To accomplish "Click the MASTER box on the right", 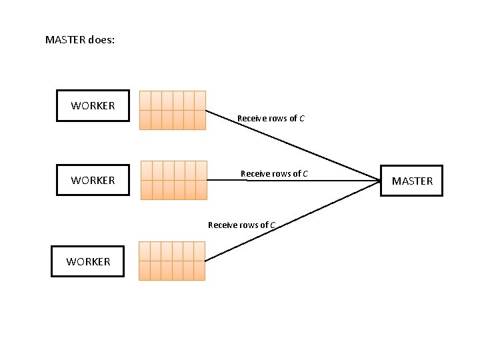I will coord(412,181).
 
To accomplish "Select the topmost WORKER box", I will coord(93,105).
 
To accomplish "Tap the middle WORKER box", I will coord(93,180).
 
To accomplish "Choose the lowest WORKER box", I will coord(88,261).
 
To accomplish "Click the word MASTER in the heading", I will coord(65,40).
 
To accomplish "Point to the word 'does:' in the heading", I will coord(101,40).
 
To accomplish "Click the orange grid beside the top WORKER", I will coord(172,110).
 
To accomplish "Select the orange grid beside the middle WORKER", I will coord(174,180).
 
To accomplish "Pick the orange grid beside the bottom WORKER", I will coord(172,261).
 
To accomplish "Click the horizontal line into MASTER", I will coord(293,180).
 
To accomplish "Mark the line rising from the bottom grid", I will coord(293,220).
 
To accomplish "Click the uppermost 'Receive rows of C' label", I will coord(271,119).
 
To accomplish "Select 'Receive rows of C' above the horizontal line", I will coord(274,174).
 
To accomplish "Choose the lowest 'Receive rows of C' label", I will coord(241,225).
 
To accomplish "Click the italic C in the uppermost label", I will coord(302,119).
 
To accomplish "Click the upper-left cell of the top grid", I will coord(145,100).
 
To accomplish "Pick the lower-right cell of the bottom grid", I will coord(199,270).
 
